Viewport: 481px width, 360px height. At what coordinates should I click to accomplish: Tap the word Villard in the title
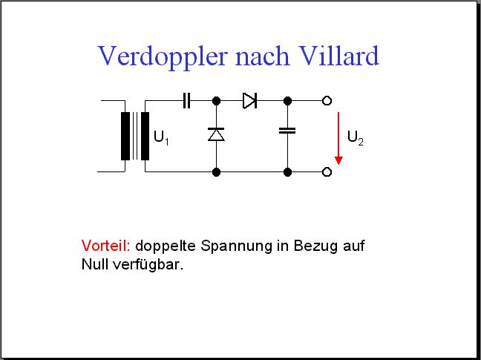(338, 56)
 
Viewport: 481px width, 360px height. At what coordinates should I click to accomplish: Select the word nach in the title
(263, 56)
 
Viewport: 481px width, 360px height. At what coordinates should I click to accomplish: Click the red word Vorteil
(106, 246)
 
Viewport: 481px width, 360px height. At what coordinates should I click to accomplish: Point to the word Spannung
(236, 246)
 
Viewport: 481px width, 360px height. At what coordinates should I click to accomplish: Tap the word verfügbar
(148, 265)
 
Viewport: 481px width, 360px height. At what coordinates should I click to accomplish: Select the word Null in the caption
(95, 264)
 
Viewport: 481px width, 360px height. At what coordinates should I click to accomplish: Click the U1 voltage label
(161, 137)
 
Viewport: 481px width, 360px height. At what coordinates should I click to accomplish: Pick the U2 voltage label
(356, 137)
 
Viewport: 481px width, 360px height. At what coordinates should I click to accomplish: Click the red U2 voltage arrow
(338, 138)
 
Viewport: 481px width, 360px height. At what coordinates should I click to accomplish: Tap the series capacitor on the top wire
(186, 101)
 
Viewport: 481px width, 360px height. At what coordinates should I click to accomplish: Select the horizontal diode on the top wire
(249, 101)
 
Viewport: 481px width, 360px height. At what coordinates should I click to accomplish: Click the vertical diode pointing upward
(216, 134)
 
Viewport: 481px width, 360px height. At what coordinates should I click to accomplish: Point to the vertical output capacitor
(287, 131)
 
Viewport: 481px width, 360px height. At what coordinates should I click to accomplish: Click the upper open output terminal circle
(327, 101)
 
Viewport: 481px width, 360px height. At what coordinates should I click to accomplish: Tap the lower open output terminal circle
(327, 172)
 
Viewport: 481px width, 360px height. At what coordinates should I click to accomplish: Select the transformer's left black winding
(125, 136)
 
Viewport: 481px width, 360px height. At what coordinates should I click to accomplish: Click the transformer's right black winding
(145, 136)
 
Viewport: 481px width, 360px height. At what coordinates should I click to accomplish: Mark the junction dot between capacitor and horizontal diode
(216, 101)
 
